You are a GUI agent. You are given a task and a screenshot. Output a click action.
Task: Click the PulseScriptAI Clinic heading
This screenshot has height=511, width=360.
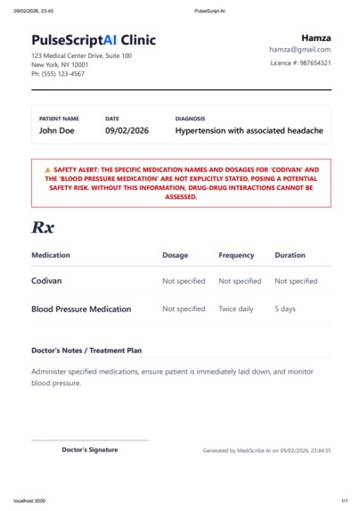[x=94, y=40]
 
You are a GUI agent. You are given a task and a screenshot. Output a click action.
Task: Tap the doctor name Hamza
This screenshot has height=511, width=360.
[x=316, y=37]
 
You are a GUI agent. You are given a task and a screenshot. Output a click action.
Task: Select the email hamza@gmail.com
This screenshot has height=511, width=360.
[x=300, y=50]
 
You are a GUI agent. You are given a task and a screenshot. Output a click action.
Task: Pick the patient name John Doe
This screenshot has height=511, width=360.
[x=57, y=131]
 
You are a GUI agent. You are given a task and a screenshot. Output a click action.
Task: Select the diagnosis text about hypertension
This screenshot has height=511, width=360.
[x=249, y=131]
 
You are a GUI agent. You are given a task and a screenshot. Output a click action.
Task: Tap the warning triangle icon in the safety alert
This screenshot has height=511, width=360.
[x=47, y=169]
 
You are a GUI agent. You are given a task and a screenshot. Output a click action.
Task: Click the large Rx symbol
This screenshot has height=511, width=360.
[x=43, y=227]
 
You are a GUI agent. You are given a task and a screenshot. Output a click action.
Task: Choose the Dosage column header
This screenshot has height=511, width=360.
[x=175, y=255]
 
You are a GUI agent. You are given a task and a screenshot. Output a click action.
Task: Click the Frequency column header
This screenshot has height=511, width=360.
[x=236, y=255]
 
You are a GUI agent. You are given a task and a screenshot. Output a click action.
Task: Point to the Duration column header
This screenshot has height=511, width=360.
[x=290, y=255]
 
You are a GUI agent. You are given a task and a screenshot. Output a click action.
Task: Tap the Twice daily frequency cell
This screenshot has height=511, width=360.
[x=236, y=309]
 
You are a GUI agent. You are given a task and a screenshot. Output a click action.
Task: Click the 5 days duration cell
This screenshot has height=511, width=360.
[x=285, y=309]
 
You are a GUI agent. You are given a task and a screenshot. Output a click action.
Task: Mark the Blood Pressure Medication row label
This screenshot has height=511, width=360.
[x=81, y=309]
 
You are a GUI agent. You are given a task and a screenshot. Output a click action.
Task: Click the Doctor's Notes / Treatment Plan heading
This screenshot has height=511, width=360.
[x=86, y=350]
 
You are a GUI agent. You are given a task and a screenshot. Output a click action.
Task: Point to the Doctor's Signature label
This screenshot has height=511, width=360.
[x=89, y=449]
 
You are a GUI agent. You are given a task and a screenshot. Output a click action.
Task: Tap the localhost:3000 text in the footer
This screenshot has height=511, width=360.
[x=29, y=501]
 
